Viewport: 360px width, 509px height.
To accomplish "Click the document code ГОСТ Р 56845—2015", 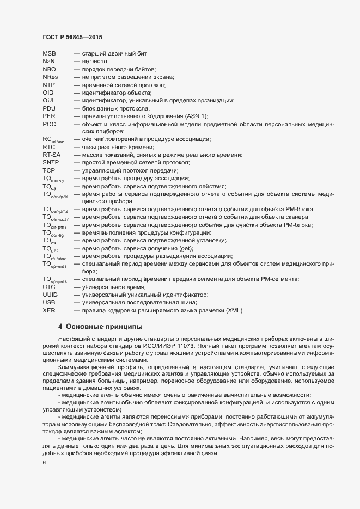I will click(72, 37).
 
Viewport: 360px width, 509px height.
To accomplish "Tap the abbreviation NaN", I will click(48, 62).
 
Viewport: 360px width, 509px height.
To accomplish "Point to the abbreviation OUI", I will click(48, 101).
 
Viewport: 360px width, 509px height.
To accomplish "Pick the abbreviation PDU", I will click(49, 108).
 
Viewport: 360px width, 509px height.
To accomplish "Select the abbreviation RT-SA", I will click(51, 155).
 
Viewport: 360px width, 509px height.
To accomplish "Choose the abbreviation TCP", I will click(48, 170).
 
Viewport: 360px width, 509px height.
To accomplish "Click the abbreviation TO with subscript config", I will click(53, 234).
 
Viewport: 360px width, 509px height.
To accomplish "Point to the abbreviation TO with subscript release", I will click(55, 257).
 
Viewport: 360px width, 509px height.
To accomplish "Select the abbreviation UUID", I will click(50, 295).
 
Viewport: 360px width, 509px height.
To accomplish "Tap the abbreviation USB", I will click(48, 302).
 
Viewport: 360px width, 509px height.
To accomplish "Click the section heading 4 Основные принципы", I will click(100, 327).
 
